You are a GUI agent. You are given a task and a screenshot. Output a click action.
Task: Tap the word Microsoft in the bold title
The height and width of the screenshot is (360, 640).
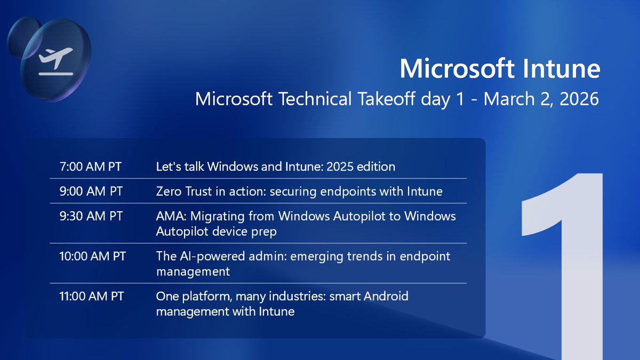(449, 69)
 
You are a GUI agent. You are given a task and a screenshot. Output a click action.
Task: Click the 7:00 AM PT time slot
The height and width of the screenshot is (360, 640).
(90, 167)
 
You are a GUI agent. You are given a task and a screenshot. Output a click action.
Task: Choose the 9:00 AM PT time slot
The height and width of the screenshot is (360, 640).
(90, 191)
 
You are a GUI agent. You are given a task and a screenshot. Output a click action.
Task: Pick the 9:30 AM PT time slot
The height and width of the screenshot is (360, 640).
(90, 216)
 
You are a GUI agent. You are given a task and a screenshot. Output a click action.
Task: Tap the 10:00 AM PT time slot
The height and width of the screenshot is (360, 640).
(92, 256)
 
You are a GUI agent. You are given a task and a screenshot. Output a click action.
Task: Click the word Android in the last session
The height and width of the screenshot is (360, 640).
(386, 296)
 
